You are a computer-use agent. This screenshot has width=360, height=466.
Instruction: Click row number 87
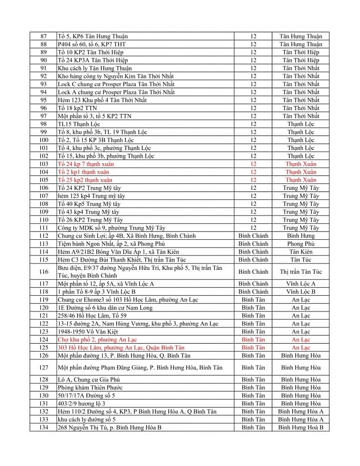click(x=44, y=36)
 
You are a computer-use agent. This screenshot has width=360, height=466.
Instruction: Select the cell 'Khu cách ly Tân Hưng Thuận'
click(x=95, y=68)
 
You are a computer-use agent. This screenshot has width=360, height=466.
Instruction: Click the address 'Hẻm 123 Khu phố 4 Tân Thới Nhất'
click(x=102, y=100)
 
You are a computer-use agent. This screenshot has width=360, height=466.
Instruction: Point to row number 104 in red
click(x=44, y=172)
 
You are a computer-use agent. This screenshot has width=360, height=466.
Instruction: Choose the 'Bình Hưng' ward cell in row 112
click(x=300, y=236)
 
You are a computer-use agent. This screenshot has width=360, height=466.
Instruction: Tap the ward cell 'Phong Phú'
click(x=300, y=244)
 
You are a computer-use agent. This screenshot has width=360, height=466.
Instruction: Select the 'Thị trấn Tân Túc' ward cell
click(x=300, y=272)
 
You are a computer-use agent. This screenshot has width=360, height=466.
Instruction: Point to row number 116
click(x=44, y=272)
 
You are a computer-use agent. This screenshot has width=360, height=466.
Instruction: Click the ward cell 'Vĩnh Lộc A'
click(x=300, y=283)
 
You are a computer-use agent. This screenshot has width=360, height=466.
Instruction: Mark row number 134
click(x=44, y=427)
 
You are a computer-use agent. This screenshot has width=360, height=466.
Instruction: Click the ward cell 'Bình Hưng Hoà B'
click(x=300, y=427)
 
